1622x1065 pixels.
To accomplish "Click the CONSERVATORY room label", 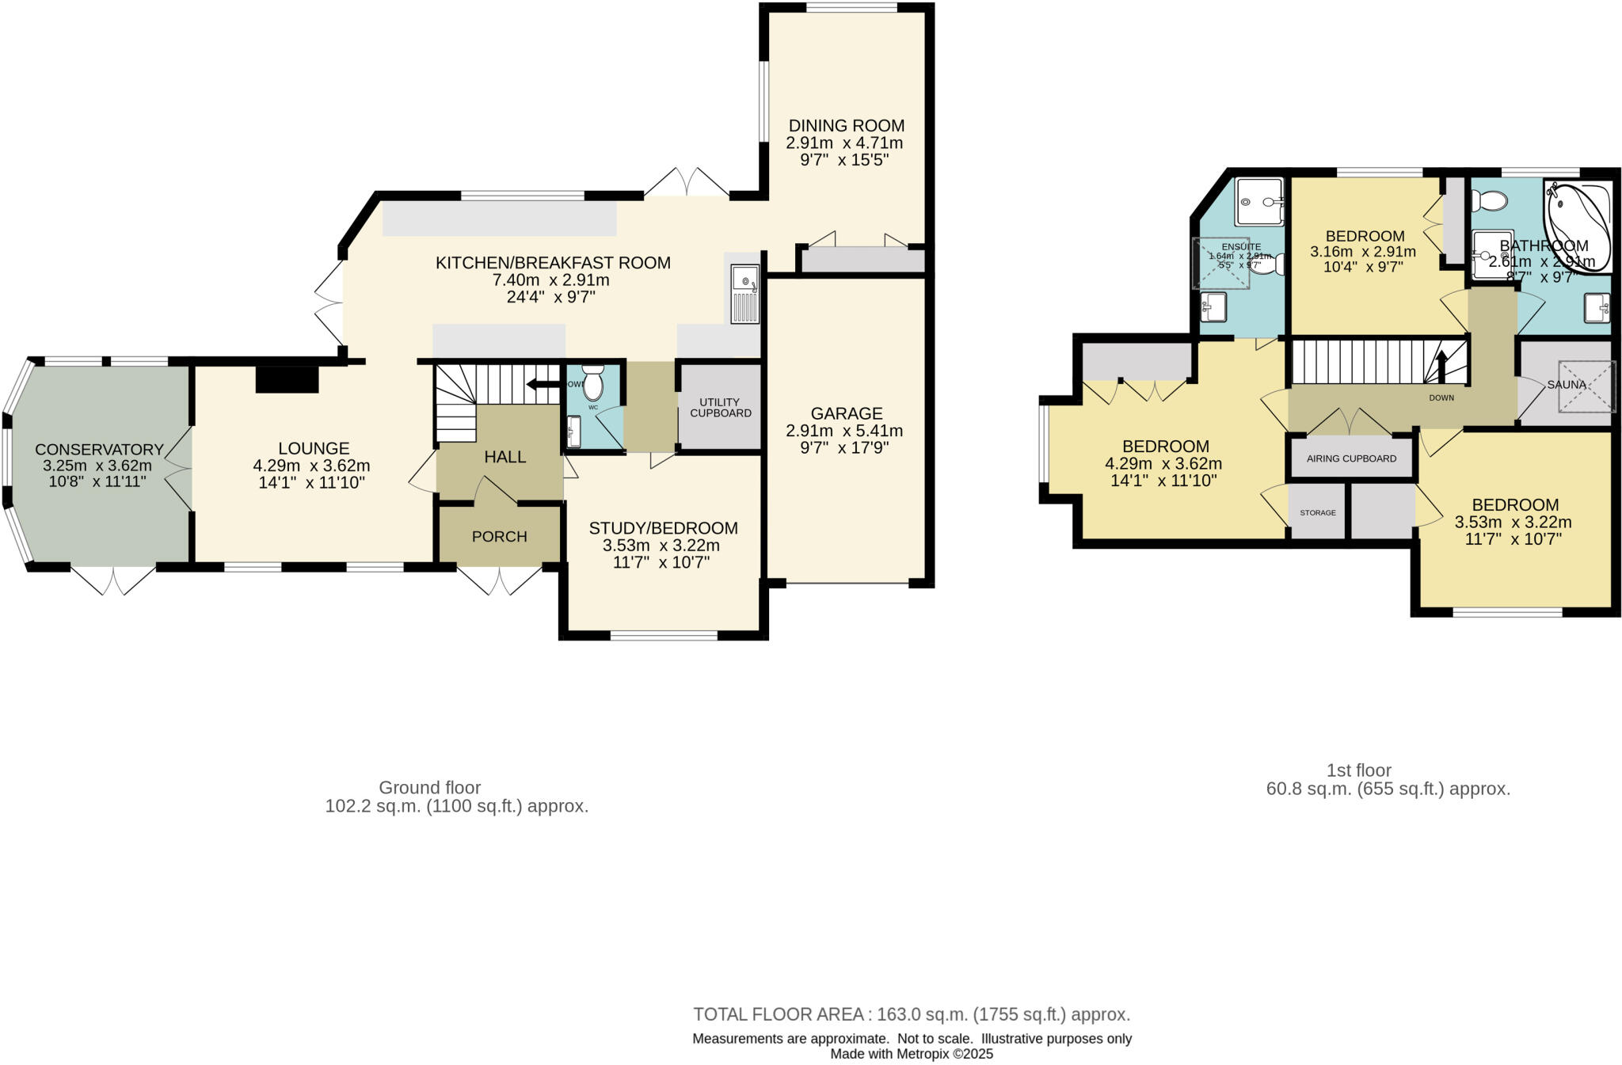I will (x=99, y=450).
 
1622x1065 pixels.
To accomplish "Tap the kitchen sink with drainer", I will (x=744, y=294).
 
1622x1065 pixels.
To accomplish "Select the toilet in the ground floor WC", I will (x=592, y=383).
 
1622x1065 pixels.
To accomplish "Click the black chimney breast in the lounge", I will (x=287, y=379).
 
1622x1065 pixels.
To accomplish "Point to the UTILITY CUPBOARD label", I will (x=720, y=408).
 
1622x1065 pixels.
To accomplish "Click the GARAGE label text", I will (x=846, y=413).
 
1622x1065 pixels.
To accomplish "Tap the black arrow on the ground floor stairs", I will (x=543, y=385).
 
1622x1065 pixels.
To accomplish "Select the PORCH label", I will (x=499, y=537).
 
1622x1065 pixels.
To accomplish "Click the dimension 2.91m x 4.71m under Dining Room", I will (x=844, y=143).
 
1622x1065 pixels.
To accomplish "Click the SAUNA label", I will (x=1567, y=385).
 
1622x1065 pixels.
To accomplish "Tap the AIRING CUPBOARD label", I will (x=1351, y=458).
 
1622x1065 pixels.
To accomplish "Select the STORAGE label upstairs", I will (x=1318, y=513).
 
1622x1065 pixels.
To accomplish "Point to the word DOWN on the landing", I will (x=1441, y=397).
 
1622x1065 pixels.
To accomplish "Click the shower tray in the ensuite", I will (x=1259, y=201).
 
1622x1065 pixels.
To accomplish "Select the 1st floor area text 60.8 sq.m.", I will (x=1388, y=789).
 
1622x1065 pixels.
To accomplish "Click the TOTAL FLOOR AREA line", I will (x=912, y=1014).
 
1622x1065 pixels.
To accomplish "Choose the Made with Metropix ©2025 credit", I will (x=912, y=1054).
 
